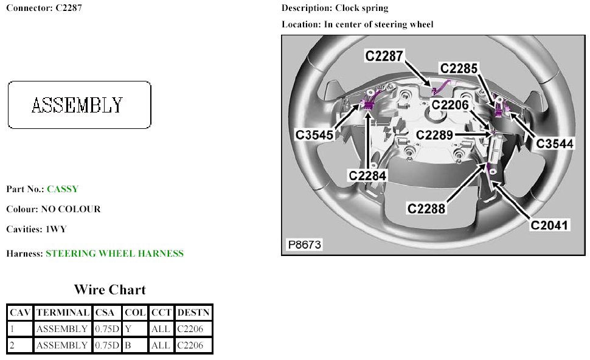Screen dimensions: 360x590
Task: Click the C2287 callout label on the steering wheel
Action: click(x=384, y=56)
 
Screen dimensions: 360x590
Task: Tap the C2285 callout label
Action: click(x=460, y=69)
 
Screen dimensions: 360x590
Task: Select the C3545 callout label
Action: click(x=315, y=134)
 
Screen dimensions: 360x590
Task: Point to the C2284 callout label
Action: click(x=367, y=175)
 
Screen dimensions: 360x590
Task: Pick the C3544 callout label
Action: click(x=555, y=144)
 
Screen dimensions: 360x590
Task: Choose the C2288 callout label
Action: click(x=427, y=209)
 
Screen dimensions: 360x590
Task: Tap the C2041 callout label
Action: click(x=550, y=225)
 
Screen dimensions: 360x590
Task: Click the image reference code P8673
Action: click(x=304, y=245)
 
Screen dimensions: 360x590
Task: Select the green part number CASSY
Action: click(x=63, y=189)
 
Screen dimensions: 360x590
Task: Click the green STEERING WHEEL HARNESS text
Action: click(x=114, y=254)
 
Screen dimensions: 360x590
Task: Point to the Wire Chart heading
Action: click(x=109, y=289)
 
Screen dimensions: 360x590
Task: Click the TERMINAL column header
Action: click(x=63, y=313)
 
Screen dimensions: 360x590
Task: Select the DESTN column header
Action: click(x=193, y=313)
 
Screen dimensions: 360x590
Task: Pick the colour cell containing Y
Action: click(x=134, y=329)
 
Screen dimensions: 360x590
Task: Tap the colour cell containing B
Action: click(x=134, y=345)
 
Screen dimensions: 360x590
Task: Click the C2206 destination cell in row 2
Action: click(x=193, y=345)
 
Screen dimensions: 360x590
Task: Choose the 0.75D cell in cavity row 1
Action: click(x=107, y=329)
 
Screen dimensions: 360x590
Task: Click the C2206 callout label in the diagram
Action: click(x=451, y=105)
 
